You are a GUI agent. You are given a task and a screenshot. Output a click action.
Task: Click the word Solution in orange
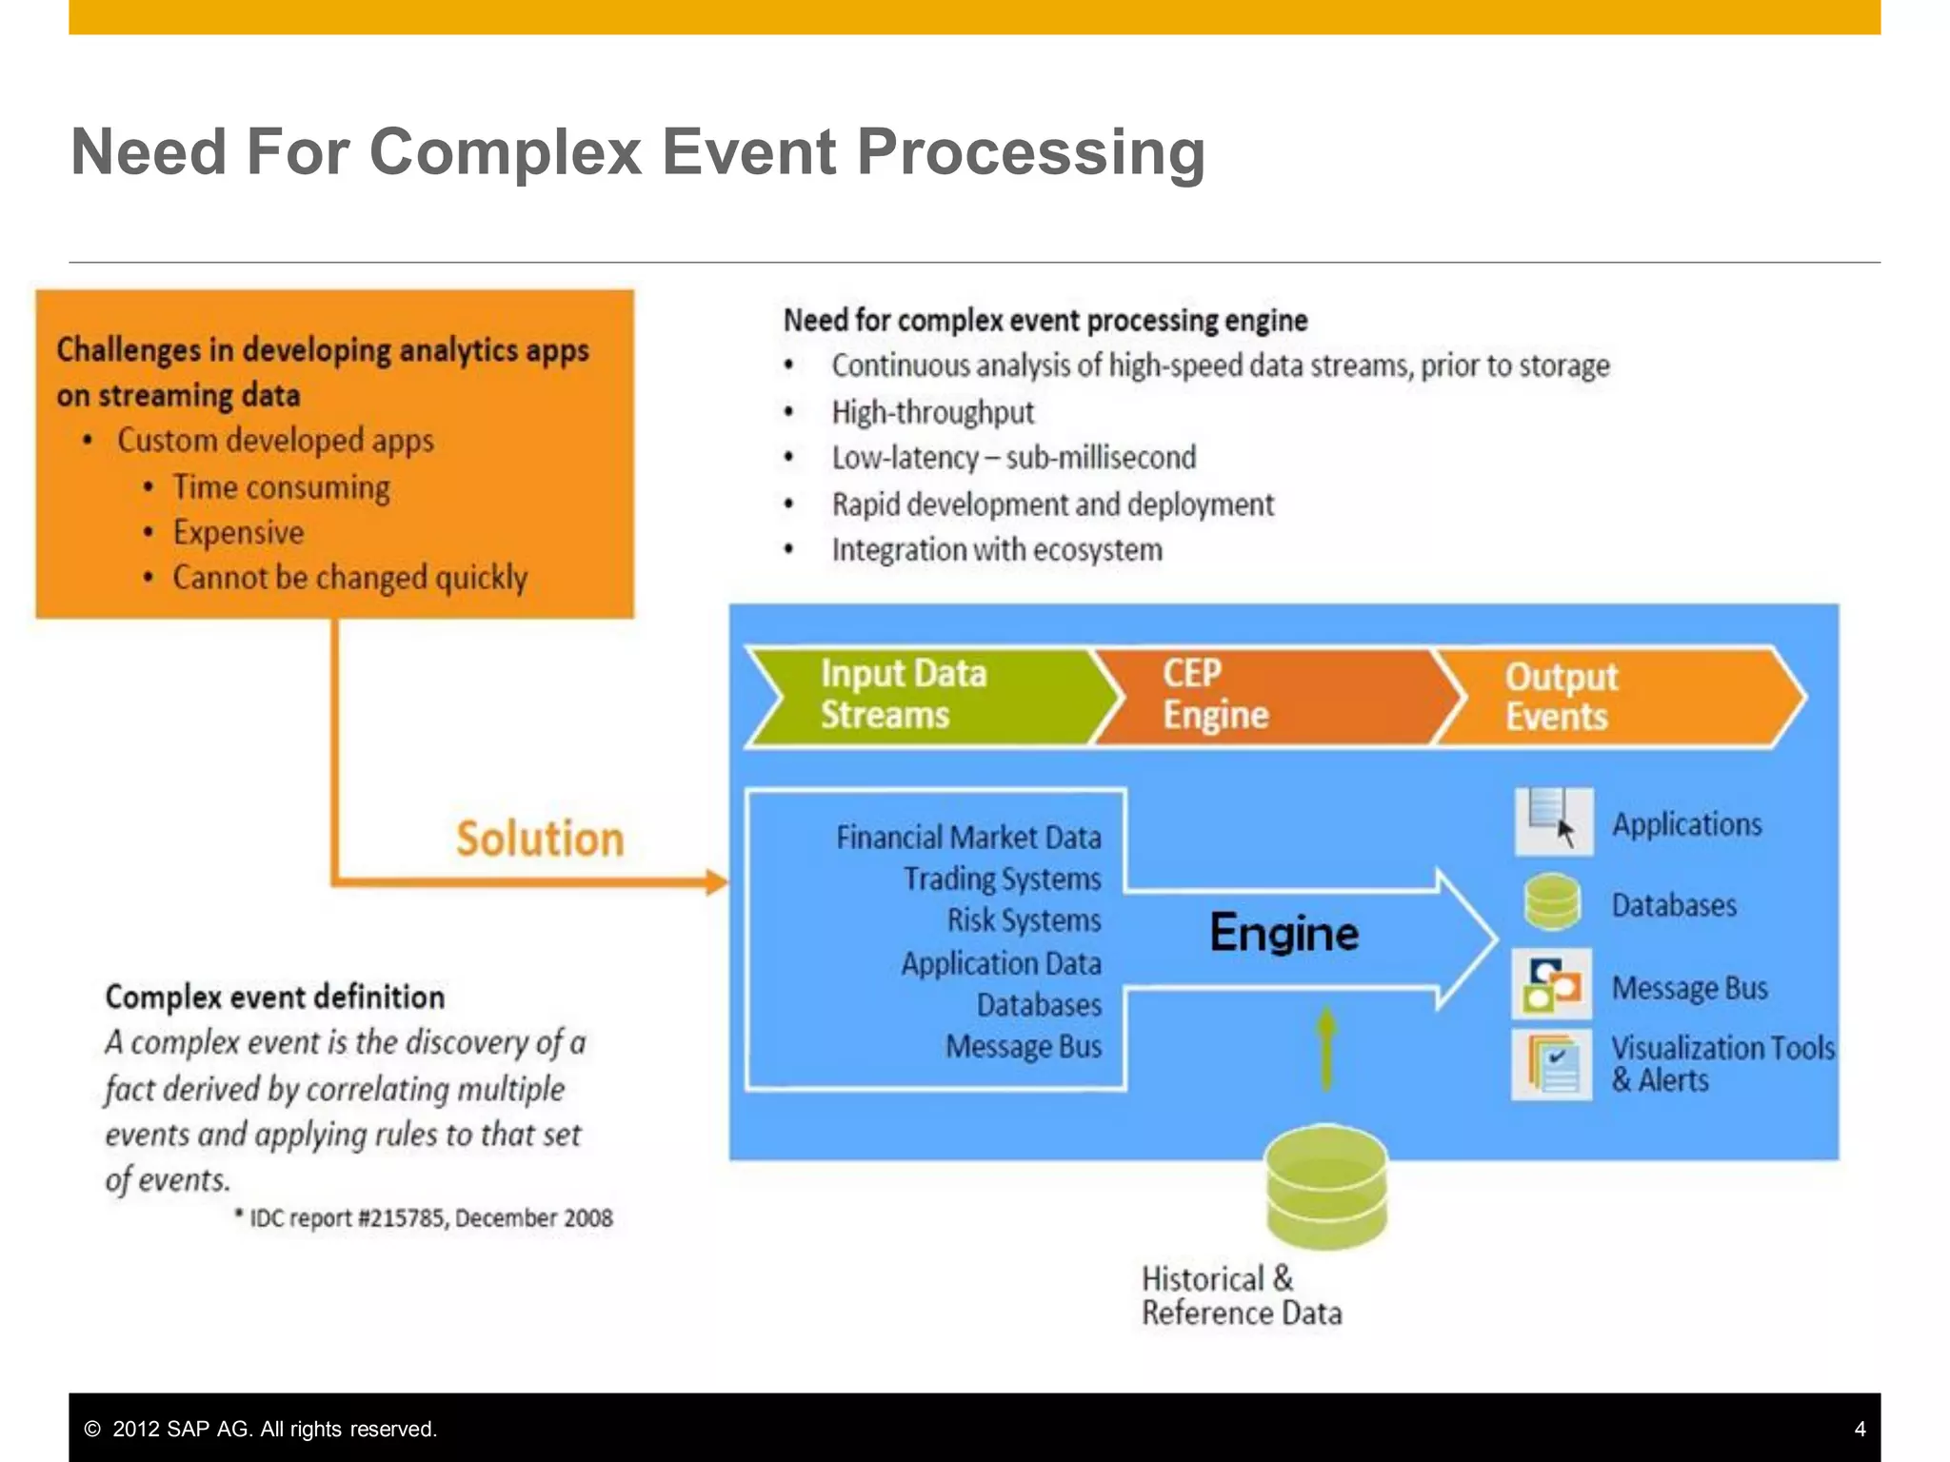[x=540, y=839]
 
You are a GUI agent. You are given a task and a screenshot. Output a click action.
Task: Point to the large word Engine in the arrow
[x=1283, y=933]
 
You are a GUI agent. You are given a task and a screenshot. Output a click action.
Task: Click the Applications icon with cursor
[x=1553, y=820]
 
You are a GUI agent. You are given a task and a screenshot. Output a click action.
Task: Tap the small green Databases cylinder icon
[x=1552, y=902]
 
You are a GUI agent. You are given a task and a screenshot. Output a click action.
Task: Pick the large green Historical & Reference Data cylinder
[x=1326, y=1187]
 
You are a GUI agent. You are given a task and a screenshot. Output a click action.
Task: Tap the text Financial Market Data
[x=968, y=838]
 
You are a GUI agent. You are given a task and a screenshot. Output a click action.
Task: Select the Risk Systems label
[x=1024, y=920]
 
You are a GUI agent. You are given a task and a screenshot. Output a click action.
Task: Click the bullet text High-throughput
[x=932, y=412]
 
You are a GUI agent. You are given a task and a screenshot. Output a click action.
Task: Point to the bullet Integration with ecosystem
[x=997, y=550]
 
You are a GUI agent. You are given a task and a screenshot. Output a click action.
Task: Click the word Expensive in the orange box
[x=238, y=532]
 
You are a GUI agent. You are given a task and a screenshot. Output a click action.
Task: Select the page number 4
[x=1860, y=1429]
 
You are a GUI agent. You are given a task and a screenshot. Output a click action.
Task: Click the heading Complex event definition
[x=275, y=997]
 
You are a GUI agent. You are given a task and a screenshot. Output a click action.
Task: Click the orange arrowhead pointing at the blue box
[x=717, y=882]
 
